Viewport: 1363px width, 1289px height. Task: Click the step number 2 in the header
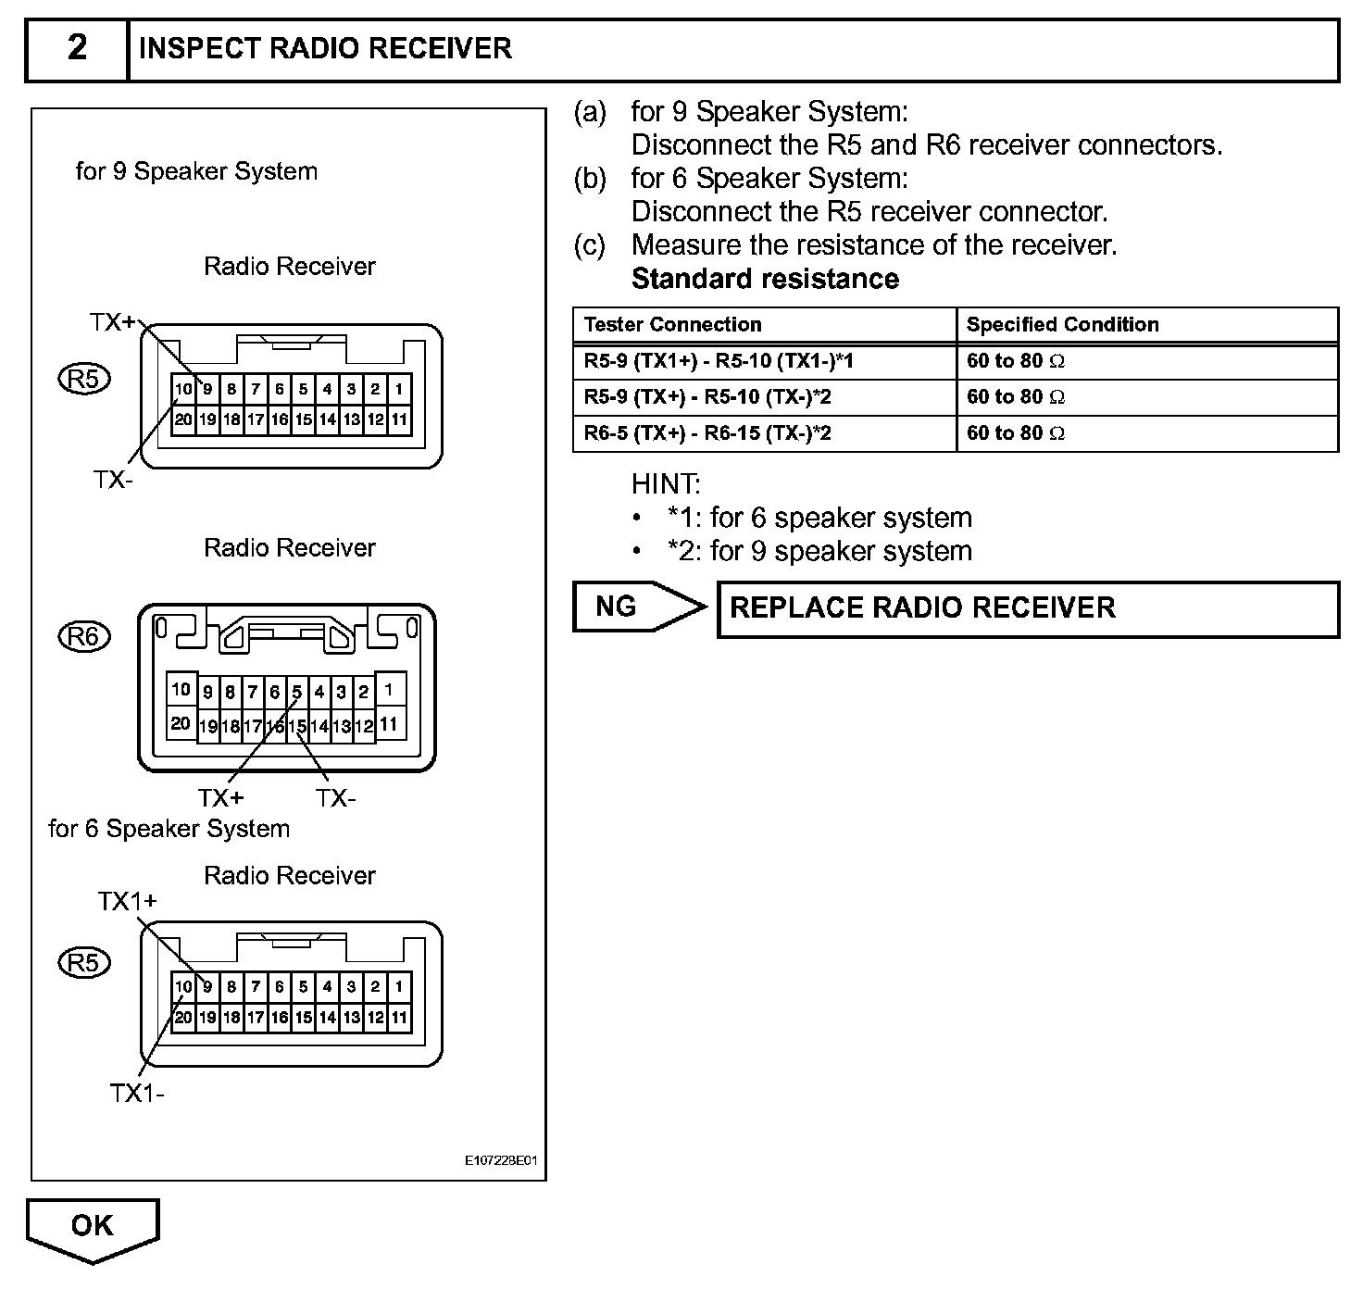pyautogui.click(x=78, y=48)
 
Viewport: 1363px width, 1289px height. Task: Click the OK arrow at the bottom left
pyautogui.click(x=93, y=1227)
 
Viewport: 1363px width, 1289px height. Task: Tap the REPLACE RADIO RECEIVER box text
pyautogui.click(x=922, y=608)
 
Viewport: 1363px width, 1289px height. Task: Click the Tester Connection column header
pyautogui.click(x=672, y=325)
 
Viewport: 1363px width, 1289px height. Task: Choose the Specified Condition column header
pyautogui.click(x=1062, y=325)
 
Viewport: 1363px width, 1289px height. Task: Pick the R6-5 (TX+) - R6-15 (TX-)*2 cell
pyautogui.click(x=707, y=433)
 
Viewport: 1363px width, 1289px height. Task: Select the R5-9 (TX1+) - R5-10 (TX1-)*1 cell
pyautogui.click(x=719, y=361)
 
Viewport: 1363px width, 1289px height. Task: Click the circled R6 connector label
pyautogui.click(x=83, y=637)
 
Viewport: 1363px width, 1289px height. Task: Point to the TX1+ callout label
pyautogui.click(x=128, y=901)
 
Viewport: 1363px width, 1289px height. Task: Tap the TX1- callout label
pyautogui.click(x=137, y=1094)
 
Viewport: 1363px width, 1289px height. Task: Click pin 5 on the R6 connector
pyautogui.click(x=297, y=692)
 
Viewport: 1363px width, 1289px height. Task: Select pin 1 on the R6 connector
pyautogui.click(x=389, y=690)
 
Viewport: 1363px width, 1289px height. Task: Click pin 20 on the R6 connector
pyautogui.click(x=181, y=724)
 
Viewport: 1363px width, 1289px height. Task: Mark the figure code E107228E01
pyautogui.click(x=501, y=1160)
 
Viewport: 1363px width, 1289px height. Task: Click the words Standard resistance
pyautogui.click(x=765, y=280)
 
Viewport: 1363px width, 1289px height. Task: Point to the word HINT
pyautogui.click(x=666, y=484)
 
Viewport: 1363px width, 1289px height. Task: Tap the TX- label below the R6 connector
pyautogui.click(x=335, y=798)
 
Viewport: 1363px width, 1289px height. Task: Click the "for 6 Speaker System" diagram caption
pyautogui.click(x=169, y=829)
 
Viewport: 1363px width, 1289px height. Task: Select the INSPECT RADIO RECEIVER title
pyautogui.click(x=324, y=49)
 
